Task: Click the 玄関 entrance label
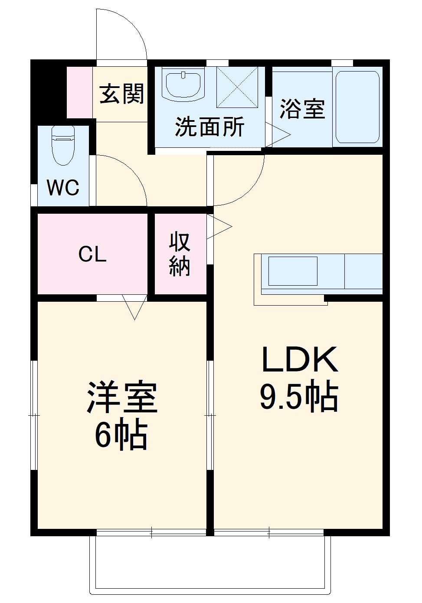pos(121,94)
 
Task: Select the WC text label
pos(63,188)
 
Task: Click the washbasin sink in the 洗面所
pos(183,84)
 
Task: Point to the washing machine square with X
pos(237,87)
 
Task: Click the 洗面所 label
pos(209,127)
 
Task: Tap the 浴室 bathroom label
pos(302,108)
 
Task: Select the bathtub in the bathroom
pos(358,107)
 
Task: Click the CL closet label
pos(92,254)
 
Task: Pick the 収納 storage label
pos(180,254)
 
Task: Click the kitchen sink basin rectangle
pos(293,271)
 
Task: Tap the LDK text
pos(299,360)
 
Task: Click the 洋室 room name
pos(122,398)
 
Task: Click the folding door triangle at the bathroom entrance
pos(278,135)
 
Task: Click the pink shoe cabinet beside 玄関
pos(79,92)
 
